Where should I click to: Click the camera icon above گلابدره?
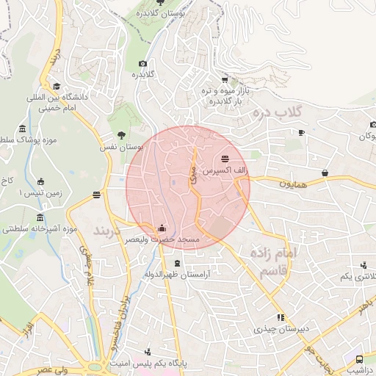(x=143, y=64)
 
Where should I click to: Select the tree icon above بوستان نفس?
(x=121, y=135)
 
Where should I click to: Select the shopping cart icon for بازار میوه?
(x=224, y=80)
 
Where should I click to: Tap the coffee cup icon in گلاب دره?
(x=301, y=132)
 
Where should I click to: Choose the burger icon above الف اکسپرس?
(x=224, y=159)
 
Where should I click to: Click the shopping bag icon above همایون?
(x=325, y=173)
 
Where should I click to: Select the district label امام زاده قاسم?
(x=273, y=261)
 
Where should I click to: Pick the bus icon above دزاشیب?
(x=359, y=359)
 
